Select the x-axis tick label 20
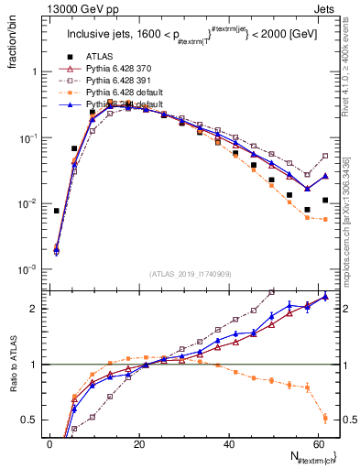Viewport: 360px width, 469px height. [x=138, y=442]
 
